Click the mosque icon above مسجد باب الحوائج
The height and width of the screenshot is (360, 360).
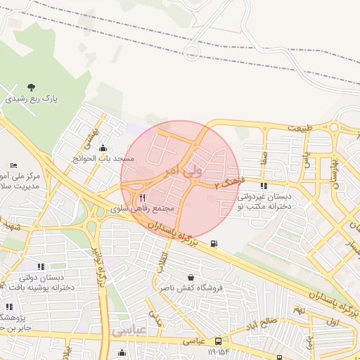click(x=104, y=148)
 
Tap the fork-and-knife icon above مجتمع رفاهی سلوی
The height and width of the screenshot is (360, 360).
click(x=143, y=198)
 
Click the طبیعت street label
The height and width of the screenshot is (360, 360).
click(x=298, y=127)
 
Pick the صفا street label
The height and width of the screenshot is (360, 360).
click(x=264, y=155)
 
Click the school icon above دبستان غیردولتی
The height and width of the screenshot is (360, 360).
click(x=264, y=186)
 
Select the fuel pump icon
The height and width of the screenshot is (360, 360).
click(x=214, y=244)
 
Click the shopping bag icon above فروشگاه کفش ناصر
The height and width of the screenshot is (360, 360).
click(x=191, y=277)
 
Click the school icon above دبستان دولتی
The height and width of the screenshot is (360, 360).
click(x=41, y=266)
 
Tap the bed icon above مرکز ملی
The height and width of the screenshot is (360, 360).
click(x=13, y=164)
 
